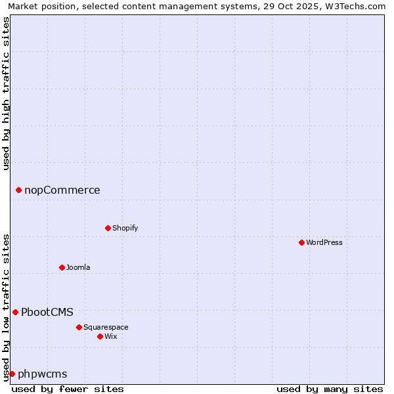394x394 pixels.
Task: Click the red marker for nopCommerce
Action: [18, 190]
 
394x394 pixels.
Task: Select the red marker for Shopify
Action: [108, 228]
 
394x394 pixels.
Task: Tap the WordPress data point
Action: [301, 242]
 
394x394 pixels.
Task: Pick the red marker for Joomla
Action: [62, 267]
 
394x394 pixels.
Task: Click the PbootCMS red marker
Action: [15, 313]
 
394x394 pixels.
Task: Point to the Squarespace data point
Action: [79, 327]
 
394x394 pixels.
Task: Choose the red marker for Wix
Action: [100, 336]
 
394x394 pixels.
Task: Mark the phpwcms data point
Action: [12, 374]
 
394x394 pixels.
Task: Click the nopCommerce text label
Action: [62, 190]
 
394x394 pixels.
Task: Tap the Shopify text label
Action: [125, 228]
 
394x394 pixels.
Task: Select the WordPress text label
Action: [324, 242]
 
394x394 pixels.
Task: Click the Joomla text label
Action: [78, 267]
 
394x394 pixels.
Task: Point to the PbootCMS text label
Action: [47, 313]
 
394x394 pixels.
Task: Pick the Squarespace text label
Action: [106, 327]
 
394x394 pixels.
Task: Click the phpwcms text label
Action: [43, 374]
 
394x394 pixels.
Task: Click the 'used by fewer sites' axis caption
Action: [68, 389]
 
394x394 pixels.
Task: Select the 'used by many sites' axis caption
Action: [330, 389]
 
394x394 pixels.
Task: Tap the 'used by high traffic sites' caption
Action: [6, 93]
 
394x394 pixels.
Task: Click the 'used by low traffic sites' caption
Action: [6, 307]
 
